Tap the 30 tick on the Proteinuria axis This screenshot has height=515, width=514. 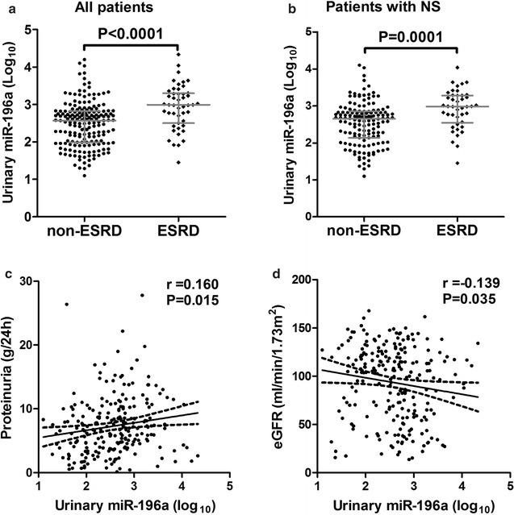click(x=29, y=281)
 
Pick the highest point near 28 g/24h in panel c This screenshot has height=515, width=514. click(x=142, y=295)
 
